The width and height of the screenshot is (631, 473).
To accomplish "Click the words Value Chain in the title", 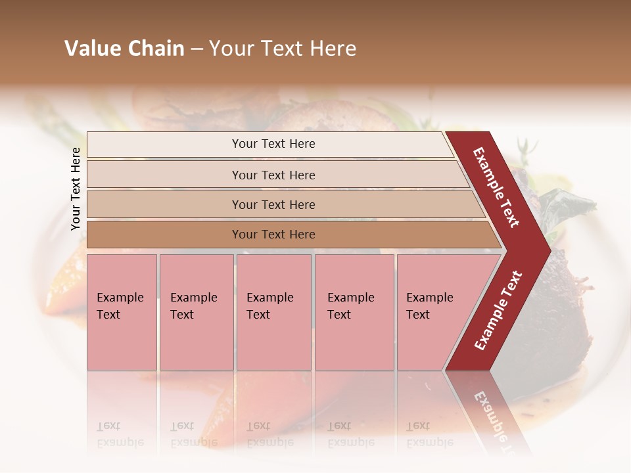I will pos(124,49).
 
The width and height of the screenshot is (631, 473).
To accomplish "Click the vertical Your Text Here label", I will pos(76,189).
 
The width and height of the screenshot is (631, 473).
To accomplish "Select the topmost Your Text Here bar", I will pos(273,144).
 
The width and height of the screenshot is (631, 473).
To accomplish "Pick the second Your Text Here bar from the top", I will pos(273,175).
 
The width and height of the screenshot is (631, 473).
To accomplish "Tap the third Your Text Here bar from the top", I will pos(273,204).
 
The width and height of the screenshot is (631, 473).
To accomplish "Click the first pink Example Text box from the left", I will pos(122,311).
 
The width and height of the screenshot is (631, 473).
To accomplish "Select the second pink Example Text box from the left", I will pos(196,311).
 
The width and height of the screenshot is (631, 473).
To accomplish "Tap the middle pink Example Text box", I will pos(273,311).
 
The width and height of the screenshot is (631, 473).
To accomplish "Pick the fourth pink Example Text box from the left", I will pos(354,311).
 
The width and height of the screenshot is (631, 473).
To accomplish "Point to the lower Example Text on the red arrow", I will pos(498,310).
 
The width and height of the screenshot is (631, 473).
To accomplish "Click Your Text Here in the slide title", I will pos(283,49).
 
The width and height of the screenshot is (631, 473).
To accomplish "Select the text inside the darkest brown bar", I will pos(273,235).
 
